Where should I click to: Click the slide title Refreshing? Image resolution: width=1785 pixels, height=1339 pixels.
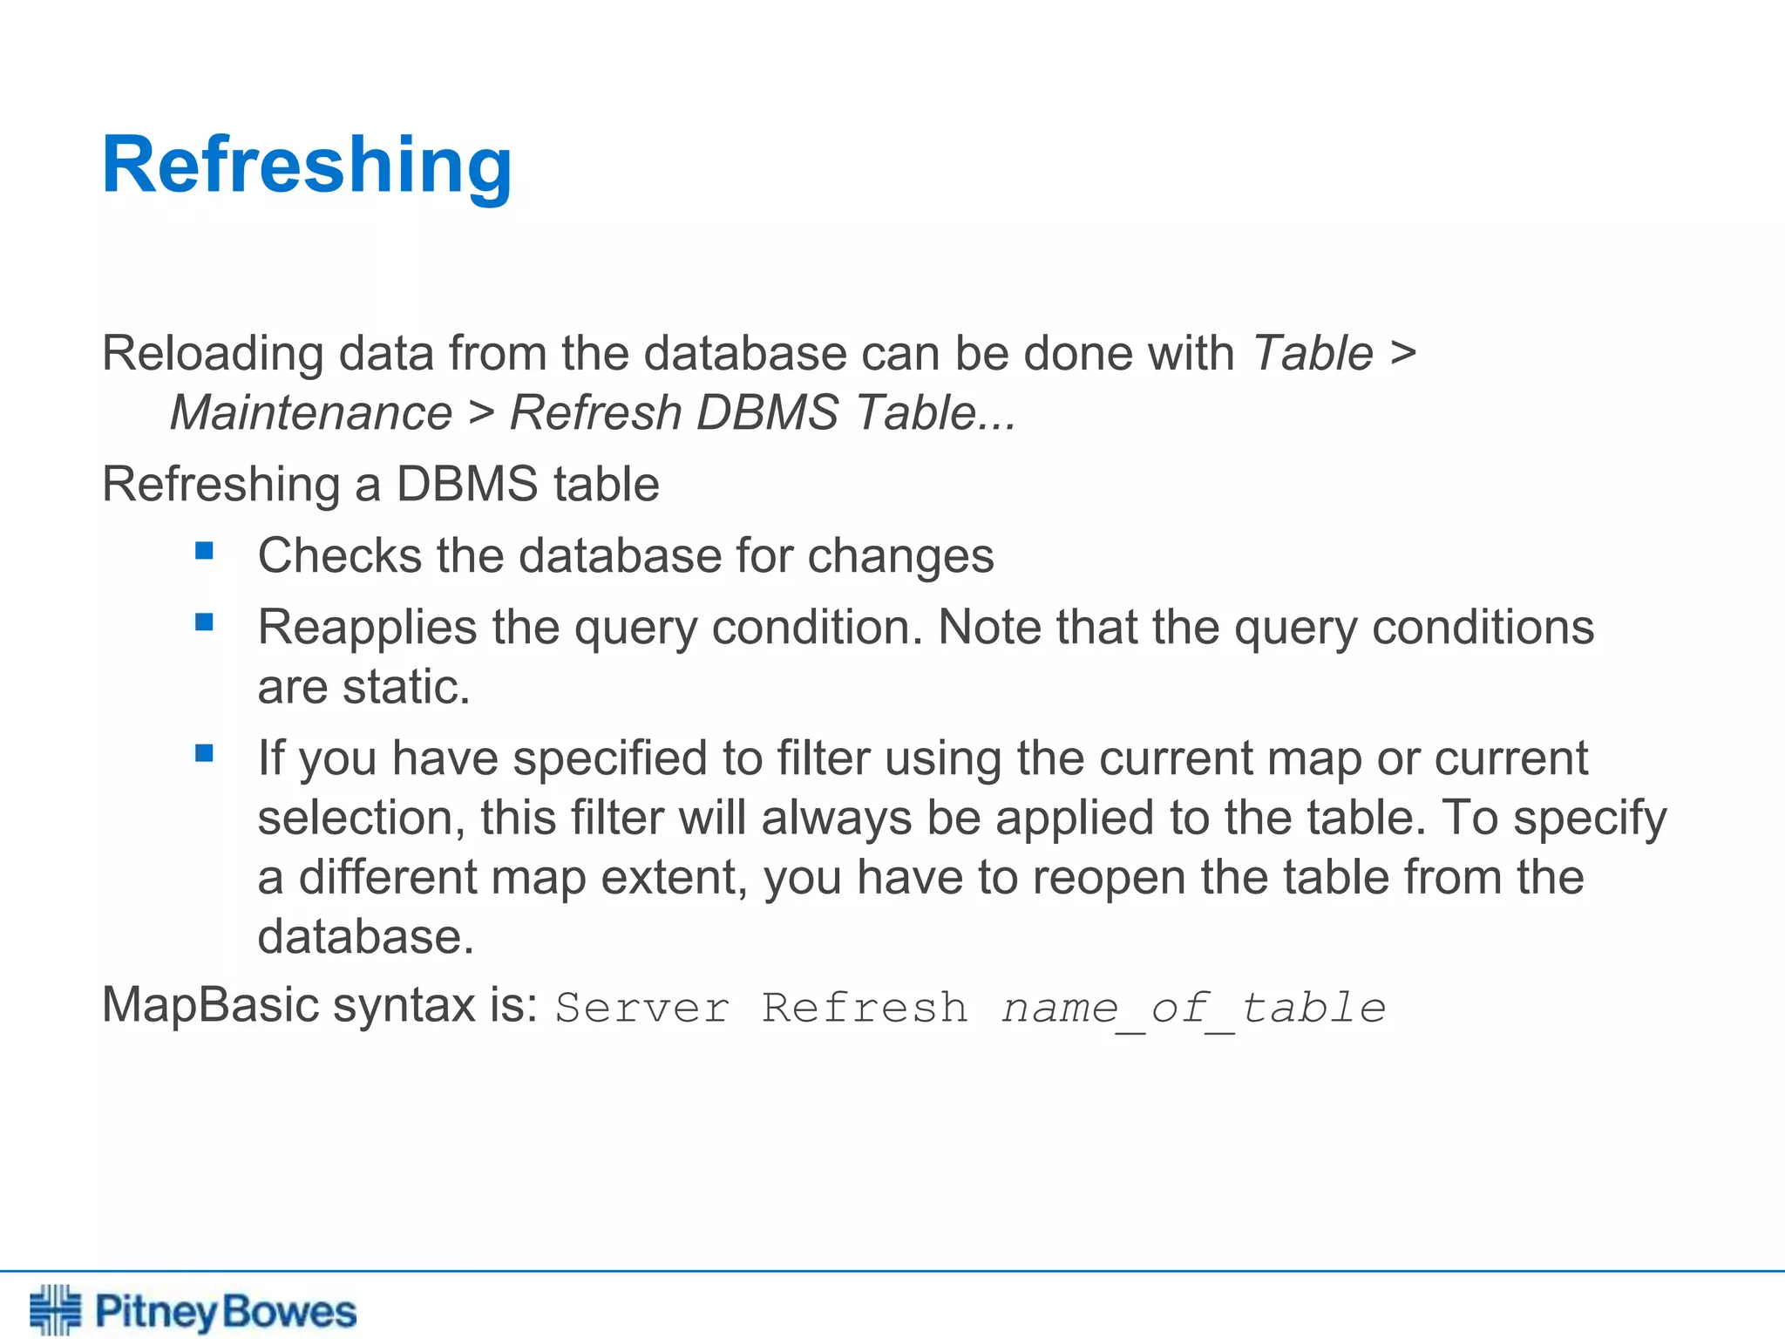point(307,166)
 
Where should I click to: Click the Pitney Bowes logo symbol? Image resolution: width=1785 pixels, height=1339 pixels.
point(55,1309)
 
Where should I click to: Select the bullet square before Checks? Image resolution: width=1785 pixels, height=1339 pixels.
point(205,550)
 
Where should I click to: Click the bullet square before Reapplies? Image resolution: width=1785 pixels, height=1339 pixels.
point(205,622)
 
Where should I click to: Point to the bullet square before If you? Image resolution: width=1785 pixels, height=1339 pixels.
point(205,753)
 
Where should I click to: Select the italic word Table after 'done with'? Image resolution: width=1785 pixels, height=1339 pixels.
point(1313,354)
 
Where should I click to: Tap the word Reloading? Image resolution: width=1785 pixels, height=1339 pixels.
point(213,354)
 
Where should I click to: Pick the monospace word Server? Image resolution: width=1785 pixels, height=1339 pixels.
point(642,1009)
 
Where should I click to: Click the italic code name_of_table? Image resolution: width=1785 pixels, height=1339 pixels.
point(1193,1009)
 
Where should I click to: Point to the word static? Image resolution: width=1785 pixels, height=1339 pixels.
point(406,687)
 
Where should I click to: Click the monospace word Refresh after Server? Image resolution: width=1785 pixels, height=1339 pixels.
point(865,1009)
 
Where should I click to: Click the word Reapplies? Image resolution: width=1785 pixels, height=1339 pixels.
point(367,629)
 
